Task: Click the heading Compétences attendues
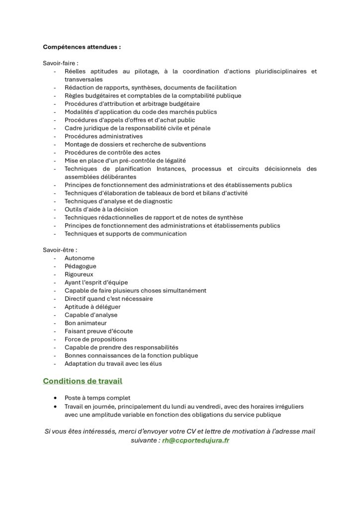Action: click(x=82, y=47)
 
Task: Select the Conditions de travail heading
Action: click(x=83, y=381)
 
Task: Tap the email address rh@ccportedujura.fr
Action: click(x=195, y=440)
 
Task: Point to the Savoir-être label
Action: click(x=60, y=250)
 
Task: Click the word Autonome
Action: click(x=80, y=258)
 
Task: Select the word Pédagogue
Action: click(x=81, y=266)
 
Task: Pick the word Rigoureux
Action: click(x=79, y=274)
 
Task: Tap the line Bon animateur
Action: click(x=86, y=323)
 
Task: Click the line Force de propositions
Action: click(x=95, y=339)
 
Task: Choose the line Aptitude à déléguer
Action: click(x=92, y=307)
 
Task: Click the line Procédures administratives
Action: click(x=103, y=136)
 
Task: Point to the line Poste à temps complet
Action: click(x=97, y=398)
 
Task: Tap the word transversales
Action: click(x=84, y=80)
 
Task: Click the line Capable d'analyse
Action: click(x=91, y=315)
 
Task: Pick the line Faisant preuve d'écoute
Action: click(x=98, y=331)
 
